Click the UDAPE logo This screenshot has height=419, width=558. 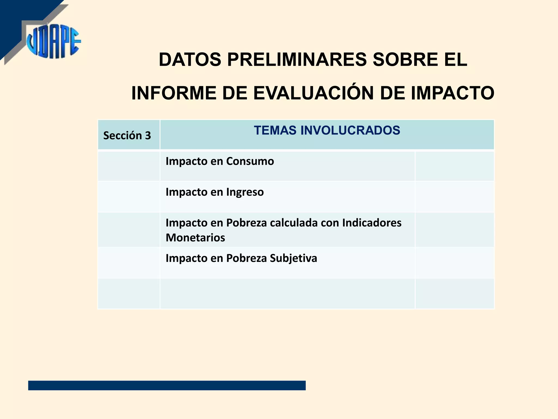coord(53,42)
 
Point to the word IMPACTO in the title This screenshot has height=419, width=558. coord(452,93)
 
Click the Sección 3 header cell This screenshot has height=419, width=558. coord(127,136)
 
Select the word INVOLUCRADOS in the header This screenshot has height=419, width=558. coord(350,130)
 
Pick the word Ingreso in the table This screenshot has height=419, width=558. coord(245,192)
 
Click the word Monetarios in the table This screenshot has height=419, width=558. coord(195,238)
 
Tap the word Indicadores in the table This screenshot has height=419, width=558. coord(372,223)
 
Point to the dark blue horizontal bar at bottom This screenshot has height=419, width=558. coord(167,385)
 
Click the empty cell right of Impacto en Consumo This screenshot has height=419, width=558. coord(454,166)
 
